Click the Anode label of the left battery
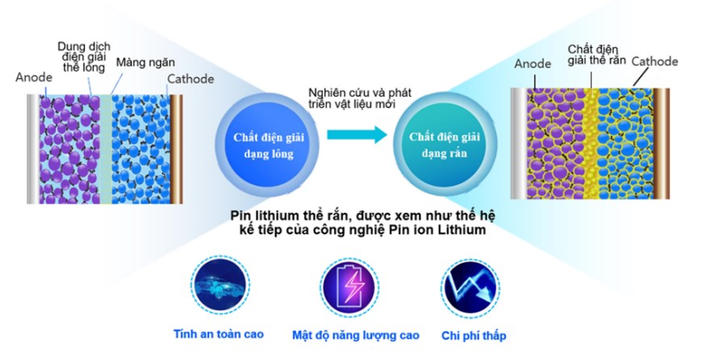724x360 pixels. click(35, 77)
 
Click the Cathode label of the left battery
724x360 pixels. click(191, 79)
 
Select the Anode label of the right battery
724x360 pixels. click(533, 64)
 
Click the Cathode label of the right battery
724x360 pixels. click(655, 61)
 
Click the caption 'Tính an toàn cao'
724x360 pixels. click(219, 335)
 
